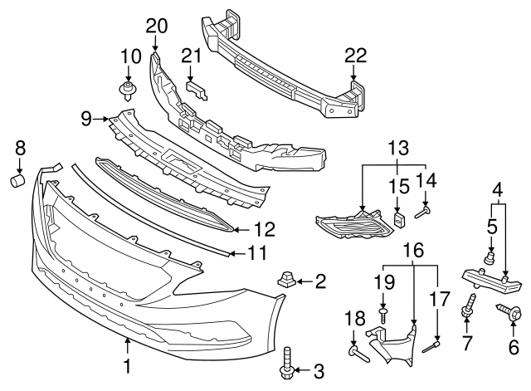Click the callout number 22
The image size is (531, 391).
pyautogui.click(x=355, y=56)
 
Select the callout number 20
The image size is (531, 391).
pyautogui.click(x=157, y=26)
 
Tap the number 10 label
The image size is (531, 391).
pyautogui.click(x=130, y=56)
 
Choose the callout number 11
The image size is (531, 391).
pyautogui.click(x=258, y=252)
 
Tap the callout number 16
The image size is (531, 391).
pyautogui.click(x=412, y=248)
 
